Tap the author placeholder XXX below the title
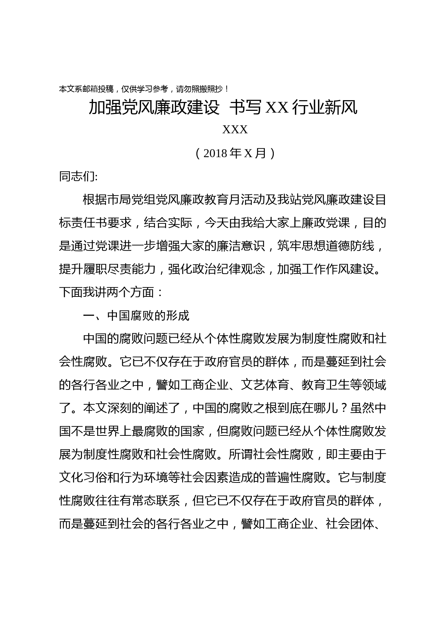(235, 130)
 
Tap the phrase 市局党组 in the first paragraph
(132, 200)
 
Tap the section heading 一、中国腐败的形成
(136, 316)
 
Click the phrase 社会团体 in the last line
(350, 524)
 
